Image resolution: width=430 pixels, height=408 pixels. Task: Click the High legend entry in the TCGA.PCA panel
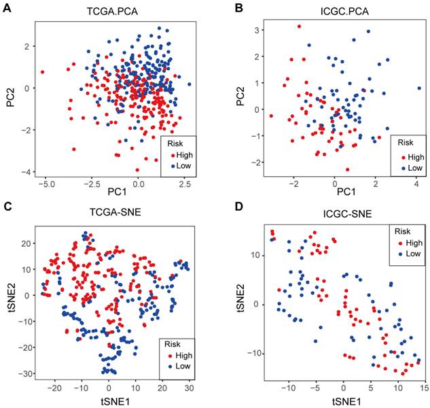click(x=179, y=153)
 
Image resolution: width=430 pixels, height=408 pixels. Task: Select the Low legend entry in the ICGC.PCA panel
click(x=414, y=167)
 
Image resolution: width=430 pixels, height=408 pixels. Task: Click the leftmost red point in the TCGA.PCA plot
click(x=42, y=71)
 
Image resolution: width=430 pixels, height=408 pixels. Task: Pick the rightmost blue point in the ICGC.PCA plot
click(x=418, y=89)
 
